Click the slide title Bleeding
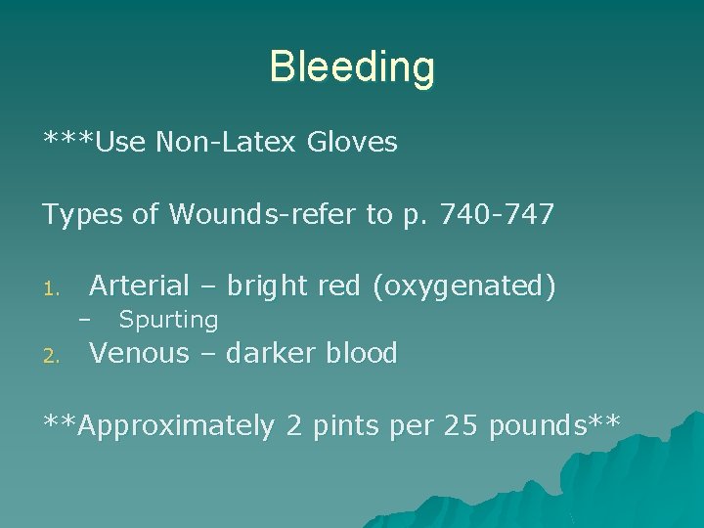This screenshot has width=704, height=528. click(x=352, y=67)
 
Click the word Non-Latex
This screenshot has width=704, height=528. click(x=225, y=143)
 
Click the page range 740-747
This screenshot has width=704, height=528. click(x=501, y=215)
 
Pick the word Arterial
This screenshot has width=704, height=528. click(x=139, y=286)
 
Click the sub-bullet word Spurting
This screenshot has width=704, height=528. click(x=168, y=320)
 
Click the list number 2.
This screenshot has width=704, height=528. click(x=55, y=357)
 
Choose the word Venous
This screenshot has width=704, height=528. click(x=139, y=353)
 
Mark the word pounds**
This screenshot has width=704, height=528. click(x=554, y=426)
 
